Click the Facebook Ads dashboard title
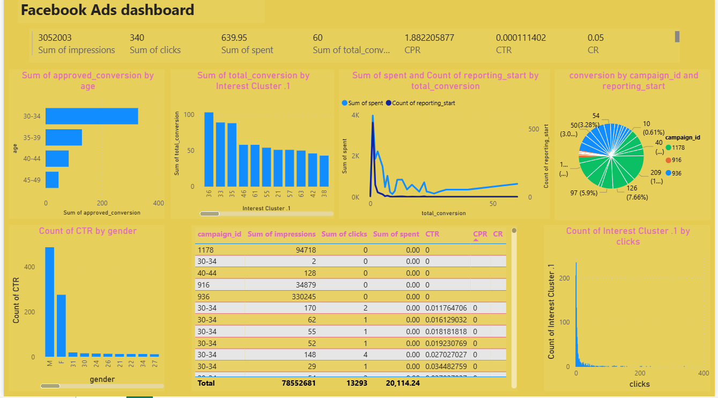tap(107, 10)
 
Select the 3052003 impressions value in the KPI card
tap(55, 38)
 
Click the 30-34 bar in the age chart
tap(91, 116)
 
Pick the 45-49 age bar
tap(52, 180)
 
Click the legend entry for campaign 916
tap(677, 160)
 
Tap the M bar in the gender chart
tap(49, 302)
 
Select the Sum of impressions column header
tap(282, 234)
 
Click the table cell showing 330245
tap(300, 297)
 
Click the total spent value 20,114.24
tap(402, 384)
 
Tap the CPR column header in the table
tap(479, 234)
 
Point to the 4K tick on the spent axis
tap(355, 115)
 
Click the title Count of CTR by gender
tap(87, 231)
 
